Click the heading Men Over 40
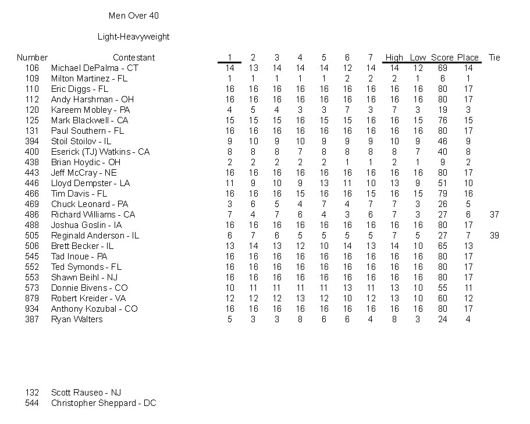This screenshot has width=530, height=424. (133, 16)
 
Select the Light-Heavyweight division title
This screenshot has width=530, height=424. (133, 37)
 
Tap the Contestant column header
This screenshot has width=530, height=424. (134, 58)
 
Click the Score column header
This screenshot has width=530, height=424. (442, 58)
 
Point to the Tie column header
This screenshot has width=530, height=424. (495, 58)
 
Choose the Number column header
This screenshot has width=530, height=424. (32, 58)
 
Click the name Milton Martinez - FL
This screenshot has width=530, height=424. (89, 79)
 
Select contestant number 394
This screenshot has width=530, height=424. (32, 141)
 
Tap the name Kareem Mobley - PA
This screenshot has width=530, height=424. (90, 110)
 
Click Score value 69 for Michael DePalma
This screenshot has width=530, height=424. (442, 68)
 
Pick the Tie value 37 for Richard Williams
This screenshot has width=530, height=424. (495, 215)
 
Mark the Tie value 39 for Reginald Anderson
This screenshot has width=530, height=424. (495, 236)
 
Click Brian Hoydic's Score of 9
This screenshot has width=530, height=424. (442, 162)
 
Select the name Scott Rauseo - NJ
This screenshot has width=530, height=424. (86, 393)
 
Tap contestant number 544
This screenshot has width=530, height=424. (32, 403)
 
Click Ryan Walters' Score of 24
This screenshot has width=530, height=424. (442, 319)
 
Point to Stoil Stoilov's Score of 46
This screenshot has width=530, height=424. (442, 141)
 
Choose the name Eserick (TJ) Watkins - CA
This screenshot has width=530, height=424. (100, 152)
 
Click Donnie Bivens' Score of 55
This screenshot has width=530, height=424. (442, 288)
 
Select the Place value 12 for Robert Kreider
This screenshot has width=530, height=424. (468, 298)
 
